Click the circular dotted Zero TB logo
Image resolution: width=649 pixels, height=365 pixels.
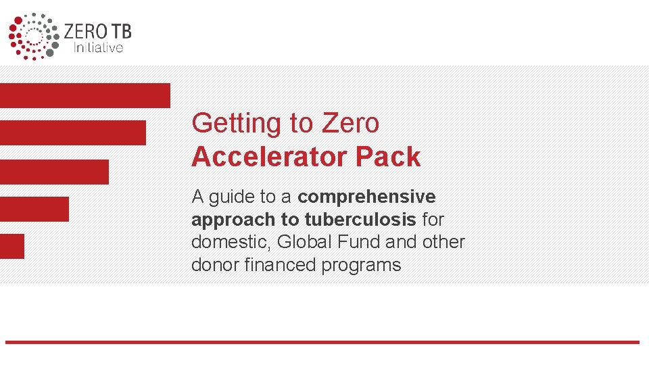pyautogui.click(x=34, y=36)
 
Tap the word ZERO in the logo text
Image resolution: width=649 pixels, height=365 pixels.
pyautogui.click(x=86, y=32)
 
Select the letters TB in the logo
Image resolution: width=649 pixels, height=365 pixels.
pyautogui.click(x=121, y=32)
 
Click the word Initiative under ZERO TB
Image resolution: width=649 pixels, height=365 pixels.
pyautogui.click(x=98, y=47)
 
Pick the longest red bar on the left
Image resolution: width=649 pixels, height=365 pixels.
pyautogui.click(x=85, y=95)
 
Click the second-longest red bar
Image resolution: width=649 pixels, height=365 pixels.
pyautogui.click(x=73, y=133)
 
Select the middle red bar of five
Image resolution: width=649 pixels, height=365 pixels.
pyautogui.click(x=54, y=172)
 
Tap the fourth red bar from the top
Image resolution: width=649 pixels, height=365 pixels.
pyautogui.click(x=34, y=209)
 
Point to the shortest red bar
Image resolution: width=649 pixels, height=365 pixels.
pyautogui.click(x=12, y=246)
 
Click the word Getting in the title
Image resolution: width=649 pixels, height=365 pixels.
pyautogui.click(x=237, y=124)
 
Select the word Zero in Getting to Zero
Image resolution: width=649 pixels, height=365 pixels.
pyautogui.click(x=350, y=123)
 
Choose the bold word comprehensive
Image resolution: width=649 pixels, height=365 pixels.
pyautogui.click(x=366, y=197)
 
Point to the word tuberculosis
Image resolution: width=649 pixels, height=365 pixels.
pyautogui.click(x=360, y=219)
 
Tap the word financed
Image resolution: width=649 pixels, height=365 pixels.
pyautogui.click(x=280, y=264)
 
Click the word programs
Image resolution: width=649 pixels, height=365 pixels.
pyautogui.click(x=361, y=265)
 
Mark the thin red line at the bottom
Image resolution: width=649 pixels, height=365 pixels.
pyautogui.click(x=322, y=342)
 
